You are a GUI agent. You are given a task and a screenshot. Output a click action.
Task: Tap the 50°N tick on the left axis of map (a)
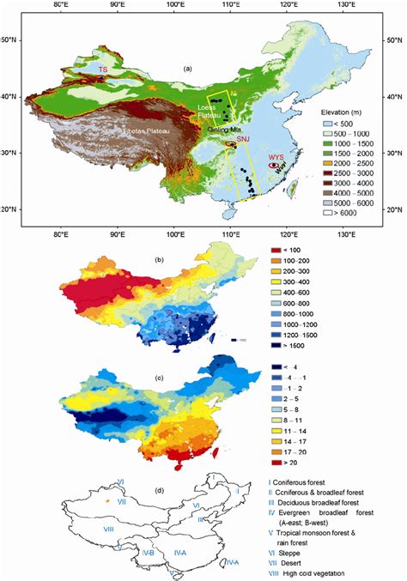tap(28, 41)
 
